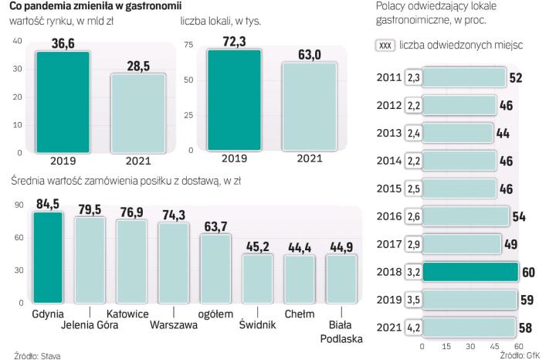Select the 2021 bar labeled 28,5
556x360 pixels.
[x=138, y=113]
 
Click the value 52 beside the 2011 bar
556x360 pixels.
[x=516, y=77]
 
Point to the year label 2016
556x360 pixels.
[x=389, y=216]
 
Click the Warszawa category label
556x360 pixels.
[x=174, y=324]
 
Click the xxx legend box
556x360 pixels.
[x=385, y=46]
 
